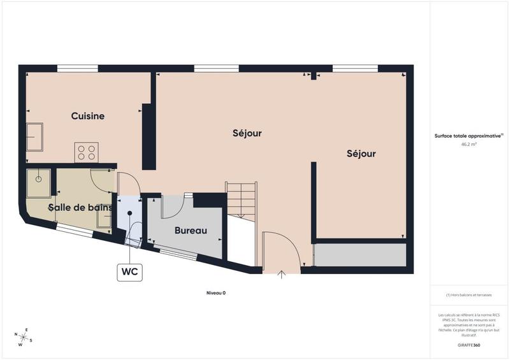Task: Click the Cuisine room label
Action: tap(87, 116)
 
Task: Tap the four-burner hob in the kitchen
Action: tap(86, 152)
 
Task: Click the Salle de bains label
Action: tap(80, 207)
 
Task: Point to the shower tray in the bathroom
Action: tap(39, 182)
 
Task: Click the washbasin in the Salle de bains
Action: tap(104, 219)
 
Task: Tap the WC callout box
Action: tap(130, 271)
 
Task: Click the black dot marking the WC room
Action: tap(130, 213)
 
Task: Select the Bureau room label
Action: tap(191, 231)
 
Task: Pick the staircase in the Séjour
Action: tap(242, 199)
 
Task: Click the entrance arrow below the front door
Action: tap(282, 275)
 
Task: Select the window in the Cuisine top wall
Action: tap(78, 68)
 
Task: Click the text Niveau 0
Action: tap(216, 293)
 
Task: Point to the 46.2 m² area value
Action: tap(469, 145)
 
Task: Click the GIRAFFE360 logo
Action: tap(469, 343)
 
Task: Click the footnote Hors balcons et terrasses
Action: tap(469, 295)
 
